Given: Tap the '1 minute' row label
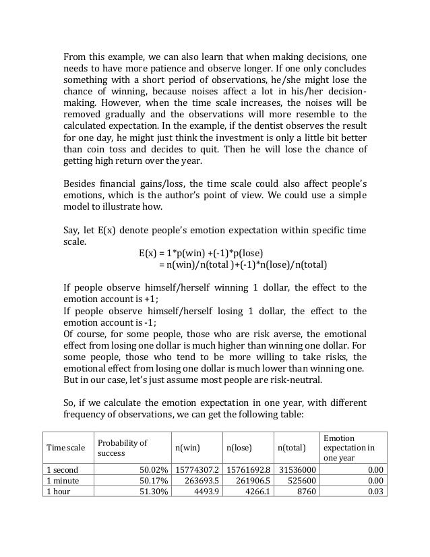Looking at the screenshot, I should [x=62, y=479].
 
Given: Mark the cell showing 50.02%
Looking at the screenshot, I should [x=150, y=468].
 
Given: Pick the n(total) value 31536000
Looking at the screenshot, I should [x=295, y=468].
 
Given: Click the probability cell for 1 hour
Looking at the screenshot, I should [x=150, y=491].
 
